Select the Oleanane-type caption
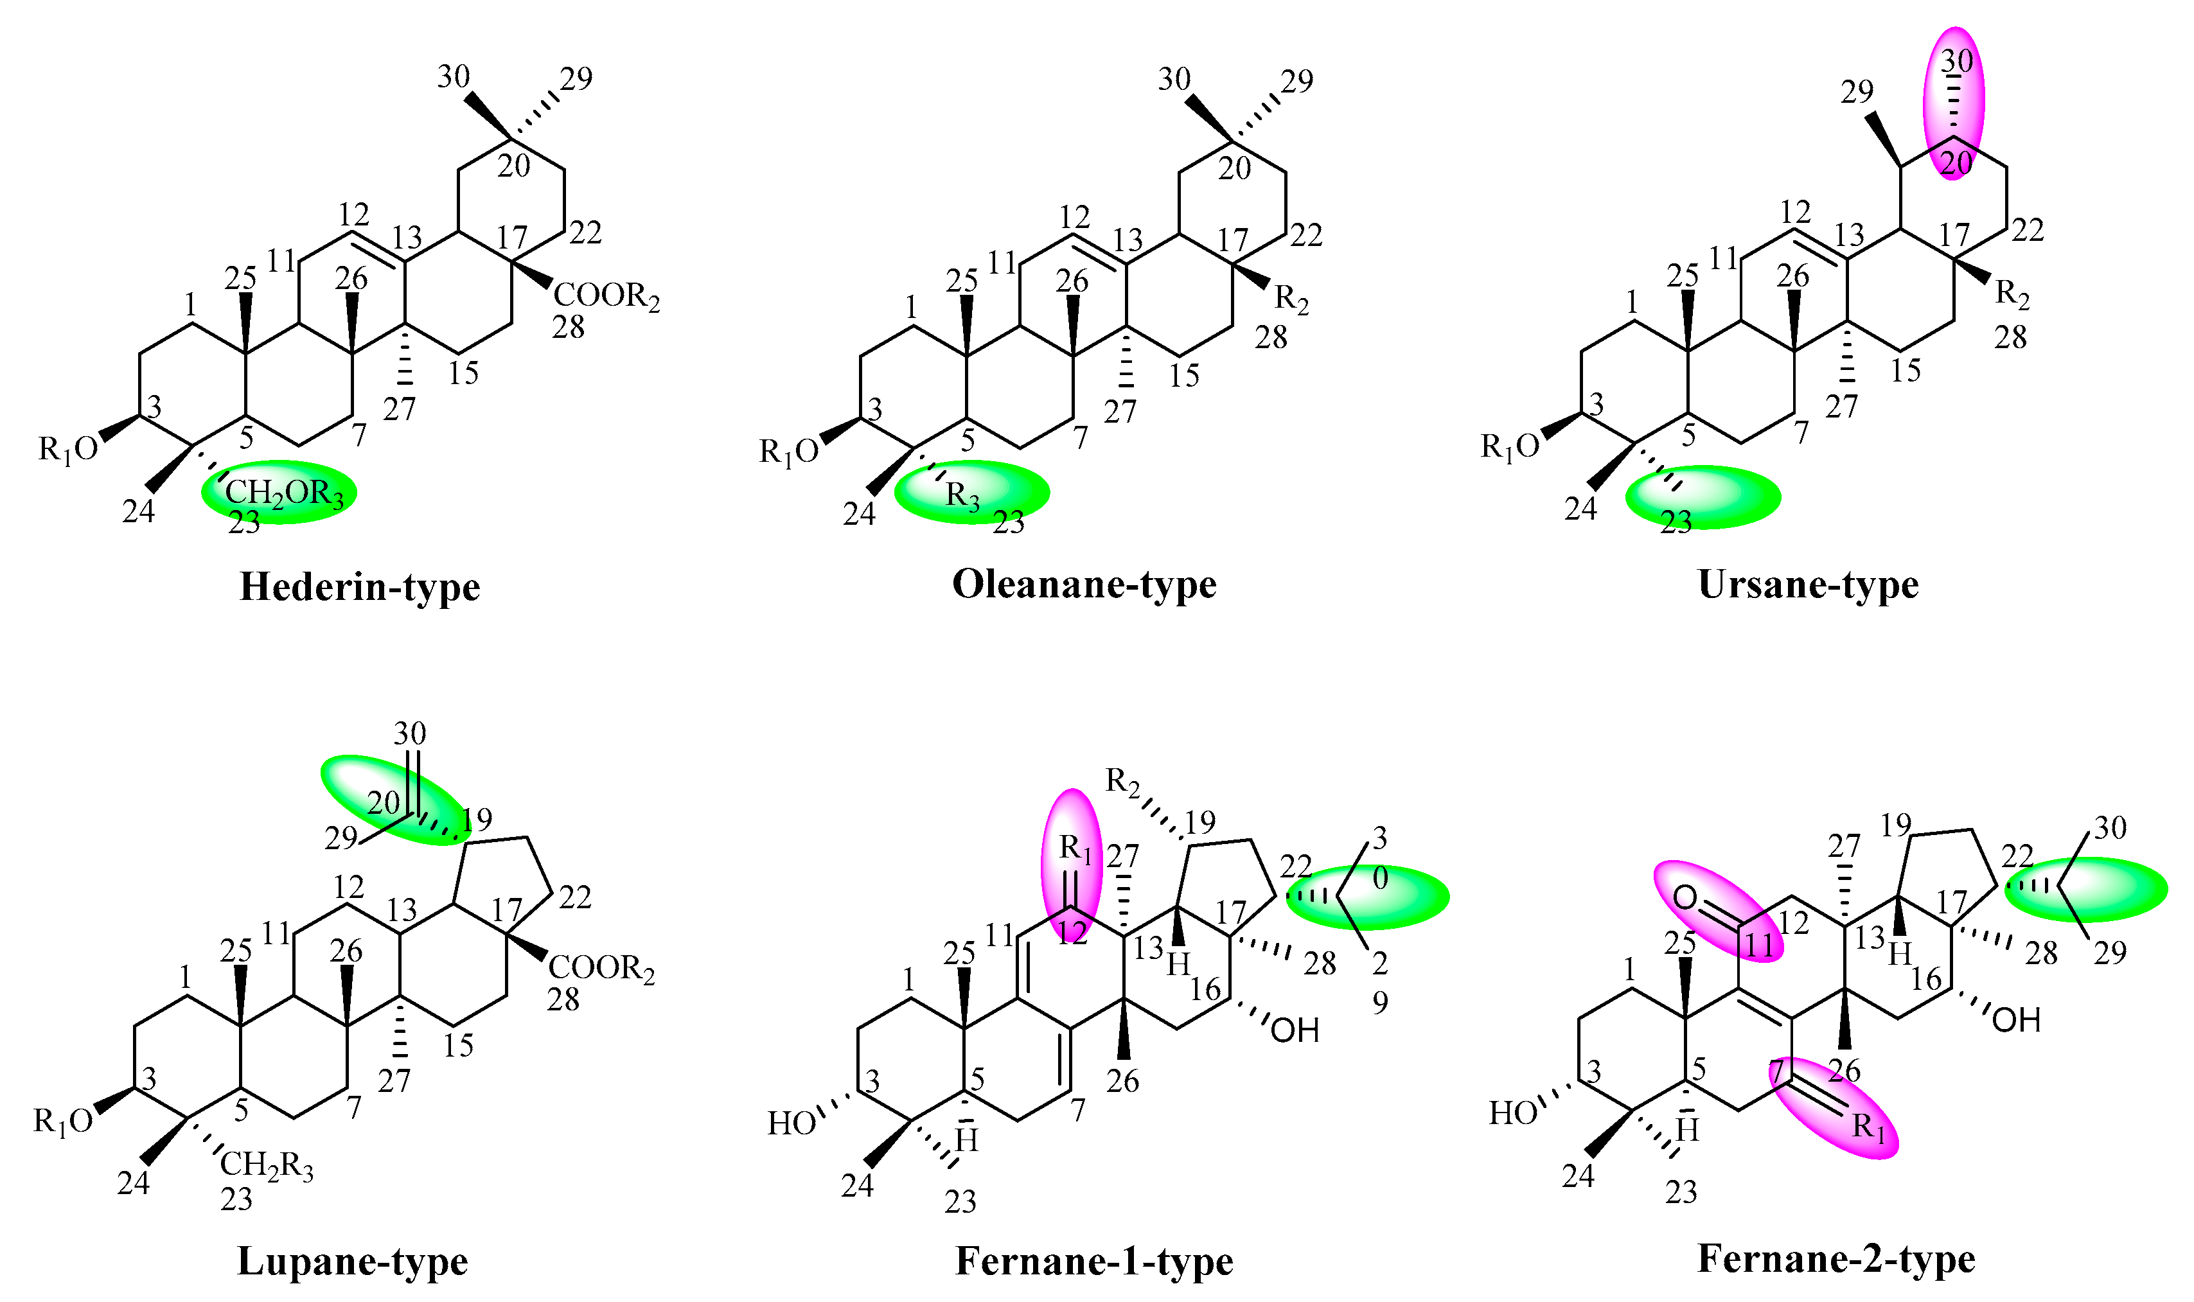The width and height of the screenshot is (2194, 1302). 1084,585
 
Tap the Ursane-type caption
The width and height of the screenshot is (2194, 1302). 1808,585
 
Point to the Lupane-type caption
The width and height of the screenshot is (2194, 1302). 353,1262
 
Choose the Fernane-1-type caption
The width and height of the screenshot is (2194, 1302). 1094,1262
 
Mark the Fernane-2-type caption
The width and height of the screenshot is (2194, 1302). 1836,1259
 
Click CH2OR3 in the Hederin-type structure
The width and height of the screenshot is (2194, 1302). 284,494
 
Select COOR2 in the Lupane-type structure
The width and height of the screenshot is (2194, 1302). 602,969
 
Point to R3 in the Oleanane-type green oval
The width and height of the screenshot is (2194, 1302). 962,497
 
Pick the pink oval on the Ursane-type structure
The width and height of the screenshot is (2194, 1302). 1954,103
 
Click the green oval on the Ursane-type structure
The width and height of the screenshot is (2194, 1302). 1703,497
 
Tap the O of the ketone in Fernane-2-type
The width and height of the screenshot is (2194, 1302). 1685,897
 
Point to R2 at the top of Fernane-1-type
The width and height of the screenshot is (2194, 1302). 1122,780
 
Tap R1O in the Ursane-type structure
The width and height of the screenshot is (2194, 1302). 1510,448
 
